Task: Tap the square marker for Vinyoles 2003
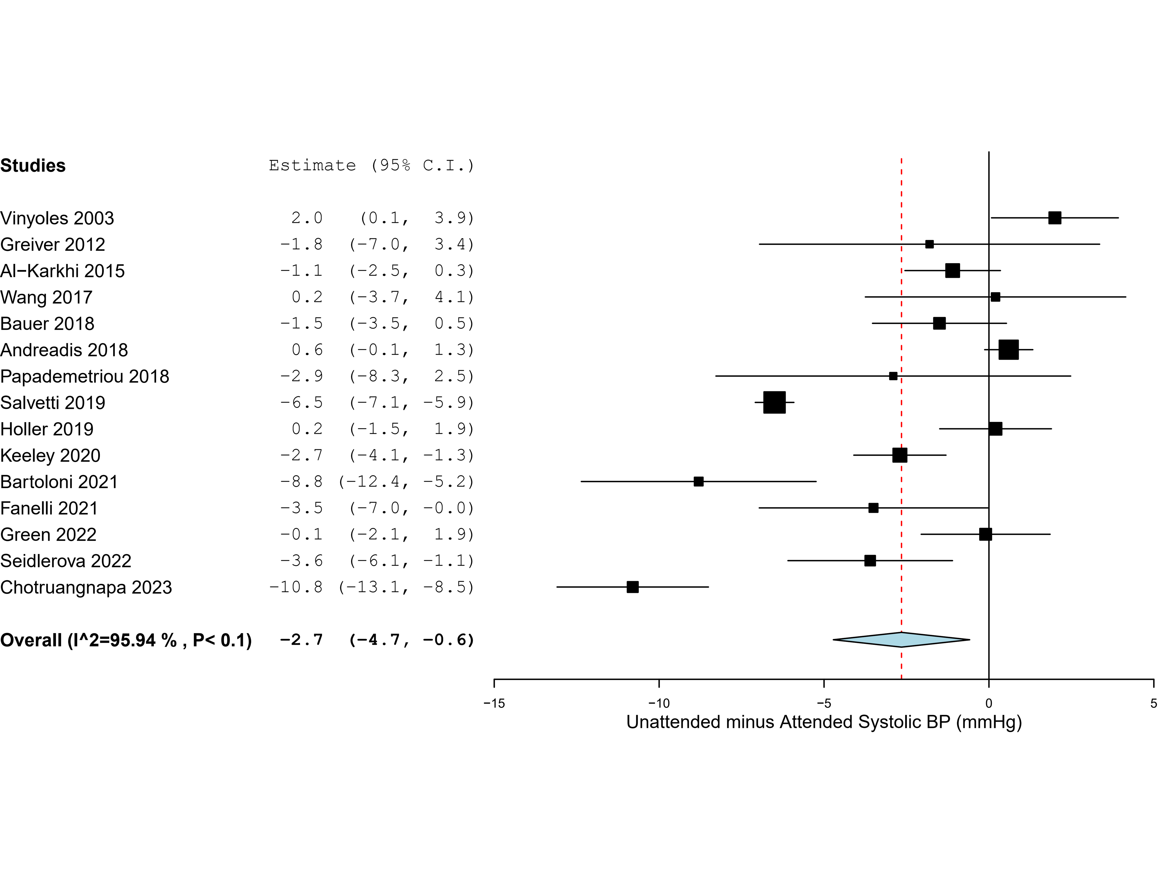[1055, 218]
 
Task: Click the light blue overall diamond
[901, 640]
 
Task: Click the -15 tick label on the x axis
[494, 704]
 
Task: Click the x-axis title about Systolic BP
[823, 722]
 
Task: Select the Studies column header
[33, 165]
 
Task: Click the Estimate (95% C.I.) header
[371, 165]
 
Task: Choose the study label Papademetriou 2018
[85, 376]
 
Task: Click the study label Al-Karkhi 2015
[62, 271]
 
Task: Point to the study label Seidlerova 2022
[66, 561]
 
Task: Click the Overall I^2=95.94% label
[126, 640]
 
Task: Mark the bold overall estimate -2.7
[301, 640]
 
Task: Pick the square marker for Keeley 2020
[900, 455]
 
